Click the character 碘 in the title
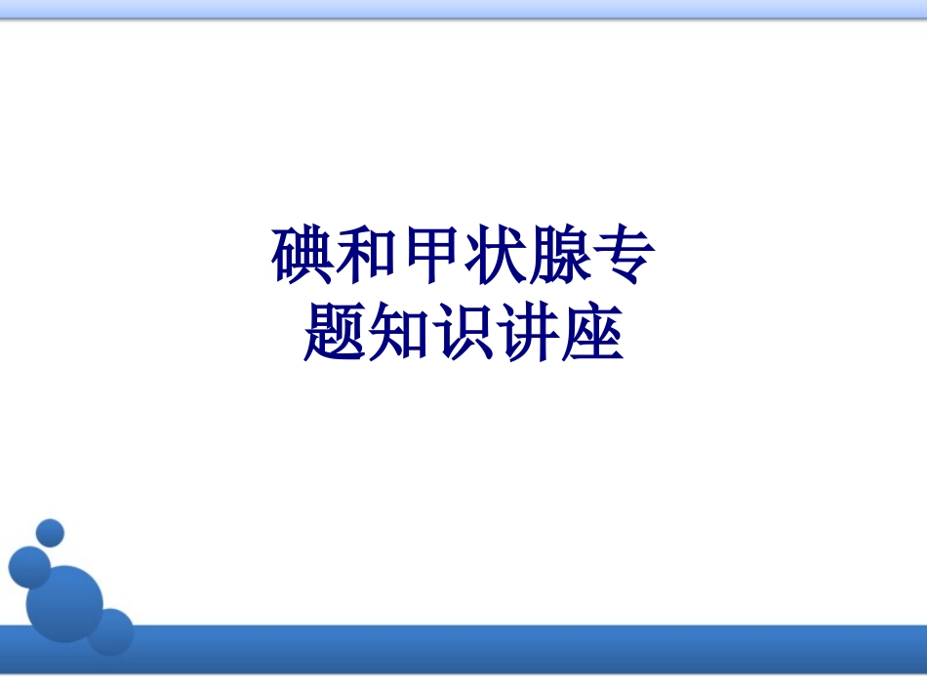[302, 256]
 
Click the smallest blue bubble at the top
[49, 533]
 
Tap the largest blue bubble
[65, 601]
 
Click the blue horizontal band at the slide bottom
[527, 650]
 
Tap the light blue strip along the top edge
[463, 9]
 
